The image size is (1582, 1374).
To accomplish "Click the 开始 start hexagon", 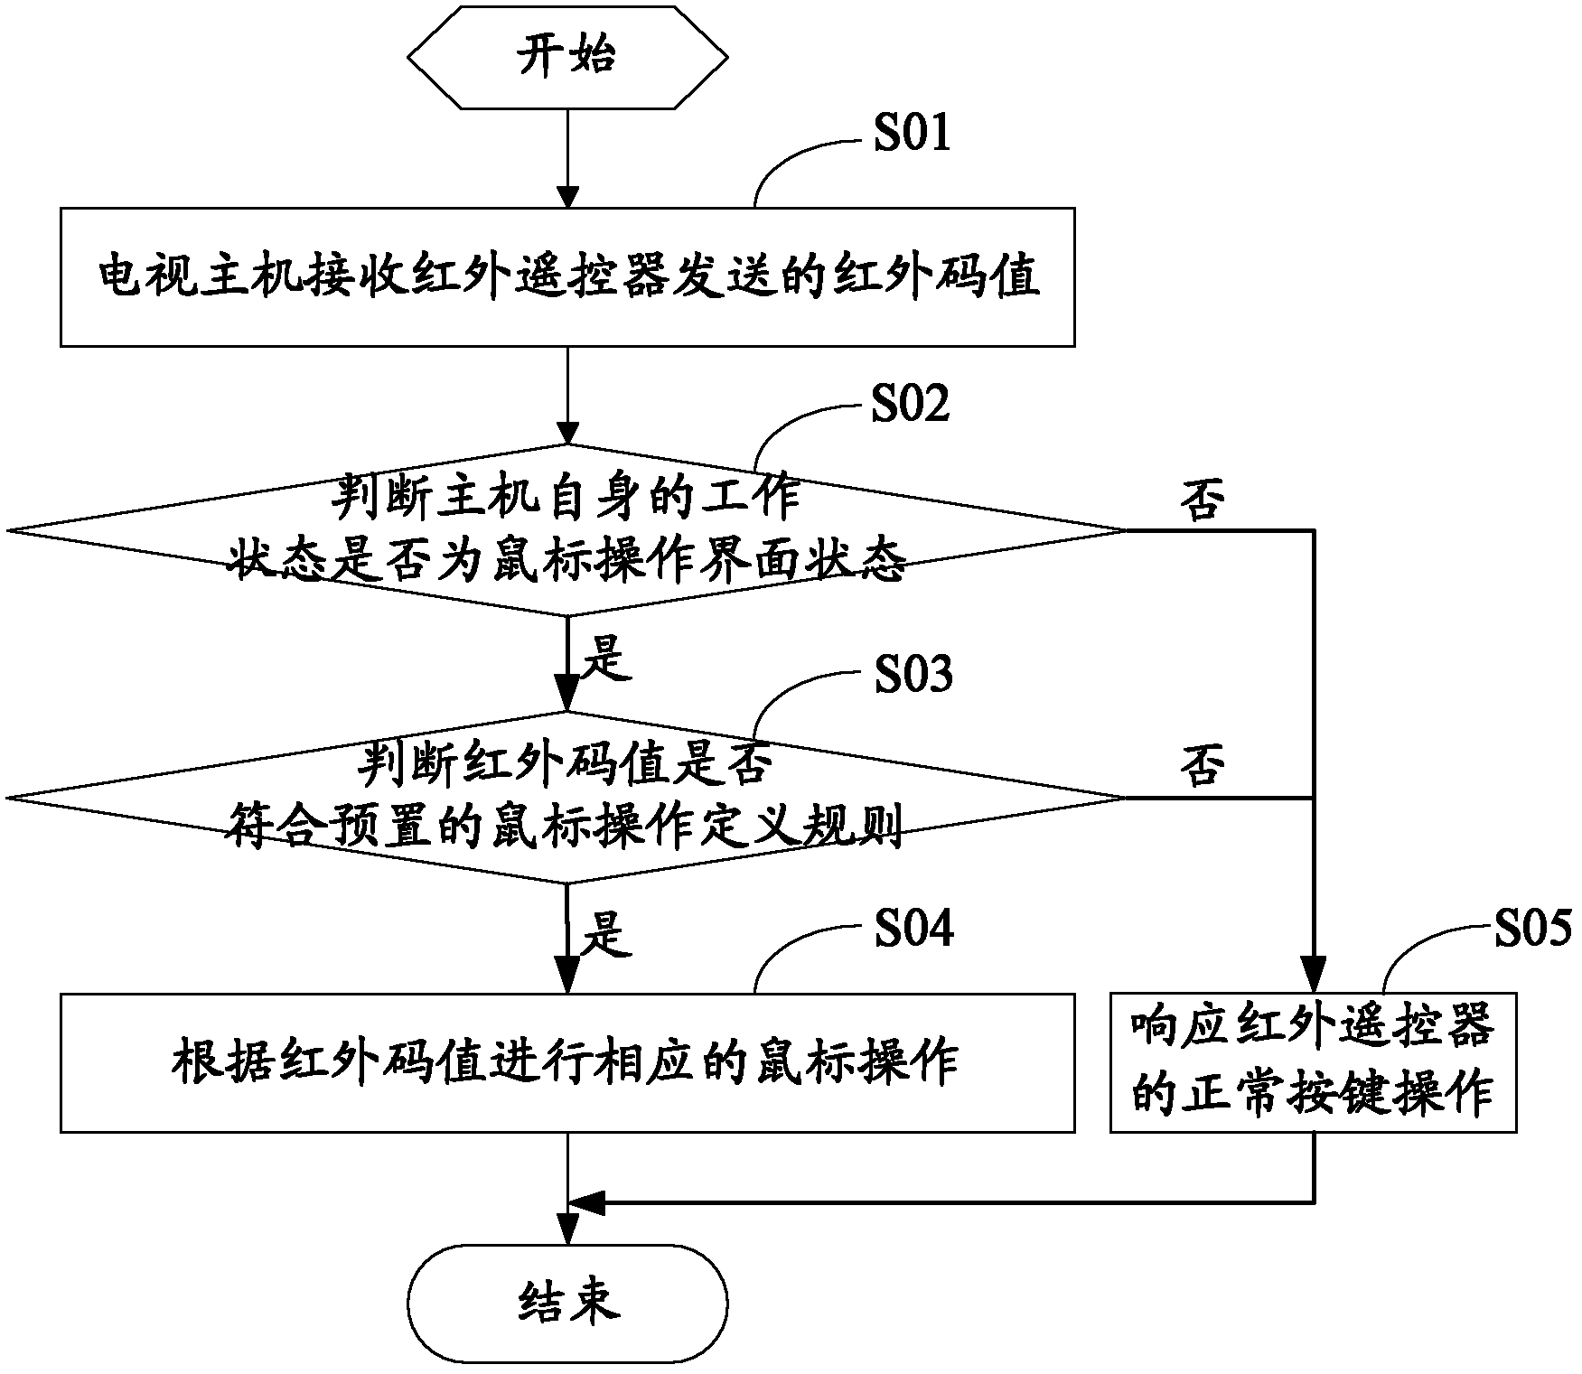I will coord(567,56).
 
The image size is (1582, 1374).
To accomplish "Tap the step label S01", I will coord(911,133).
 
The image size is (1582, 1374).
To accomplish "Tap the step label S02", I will coord(910,403).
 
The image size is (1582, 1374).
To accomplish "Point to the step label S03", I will coord(913,673).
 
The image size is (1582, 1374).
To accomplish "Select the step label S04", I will coord(913,929).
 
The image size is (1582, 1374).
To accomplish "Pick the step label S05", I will coord(1532,929).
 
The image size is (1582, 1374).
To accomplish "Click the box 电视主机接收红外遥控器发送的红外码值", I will coord(567,277).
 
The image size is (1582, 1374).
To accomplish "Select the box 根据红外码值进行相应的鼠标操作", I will coord(567,1063).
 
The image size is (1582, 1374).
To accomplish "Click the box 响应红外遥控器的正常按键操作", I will coord(1313,1063).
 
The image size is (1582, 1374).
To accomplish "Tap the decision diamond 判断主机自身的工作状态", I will coord(567,530).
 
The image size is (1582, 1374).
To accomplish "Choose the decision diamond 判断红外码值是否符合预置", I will coord(567,798).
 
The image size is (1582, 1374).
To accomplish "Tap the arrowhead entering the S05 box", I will coord(1314,982).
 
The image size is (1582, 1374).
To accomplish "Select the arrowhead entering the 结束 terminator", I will coord(567,1236).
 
